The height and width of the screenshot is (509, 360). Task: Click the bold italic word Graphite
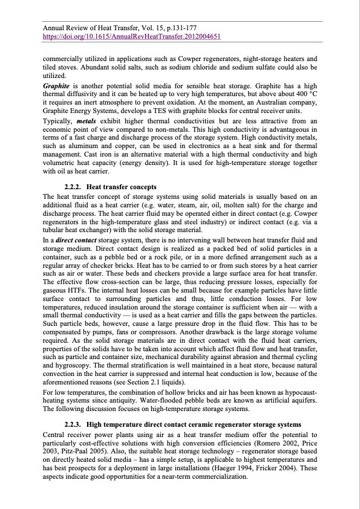[55, 86]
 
